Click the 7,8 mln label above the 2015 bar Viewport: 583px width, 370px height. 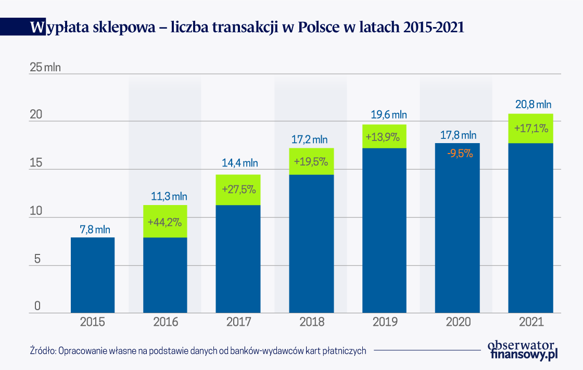click(92, 229)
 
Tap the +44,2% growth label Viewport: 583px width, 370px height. click(165, 222)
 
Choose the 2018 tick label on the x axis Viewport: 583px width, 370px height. click(311, 322)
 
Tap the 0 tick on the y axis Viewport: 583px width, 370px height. click(37, 306)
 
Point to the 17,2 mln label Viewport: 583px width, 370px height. click(311, 139)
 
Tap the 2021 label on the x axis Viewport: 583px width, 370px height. click(531, 322)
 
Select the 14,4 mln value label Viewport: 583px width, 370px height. click(238, 163)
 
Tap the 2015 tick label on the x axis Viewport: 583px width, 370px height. click(92, 322)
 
